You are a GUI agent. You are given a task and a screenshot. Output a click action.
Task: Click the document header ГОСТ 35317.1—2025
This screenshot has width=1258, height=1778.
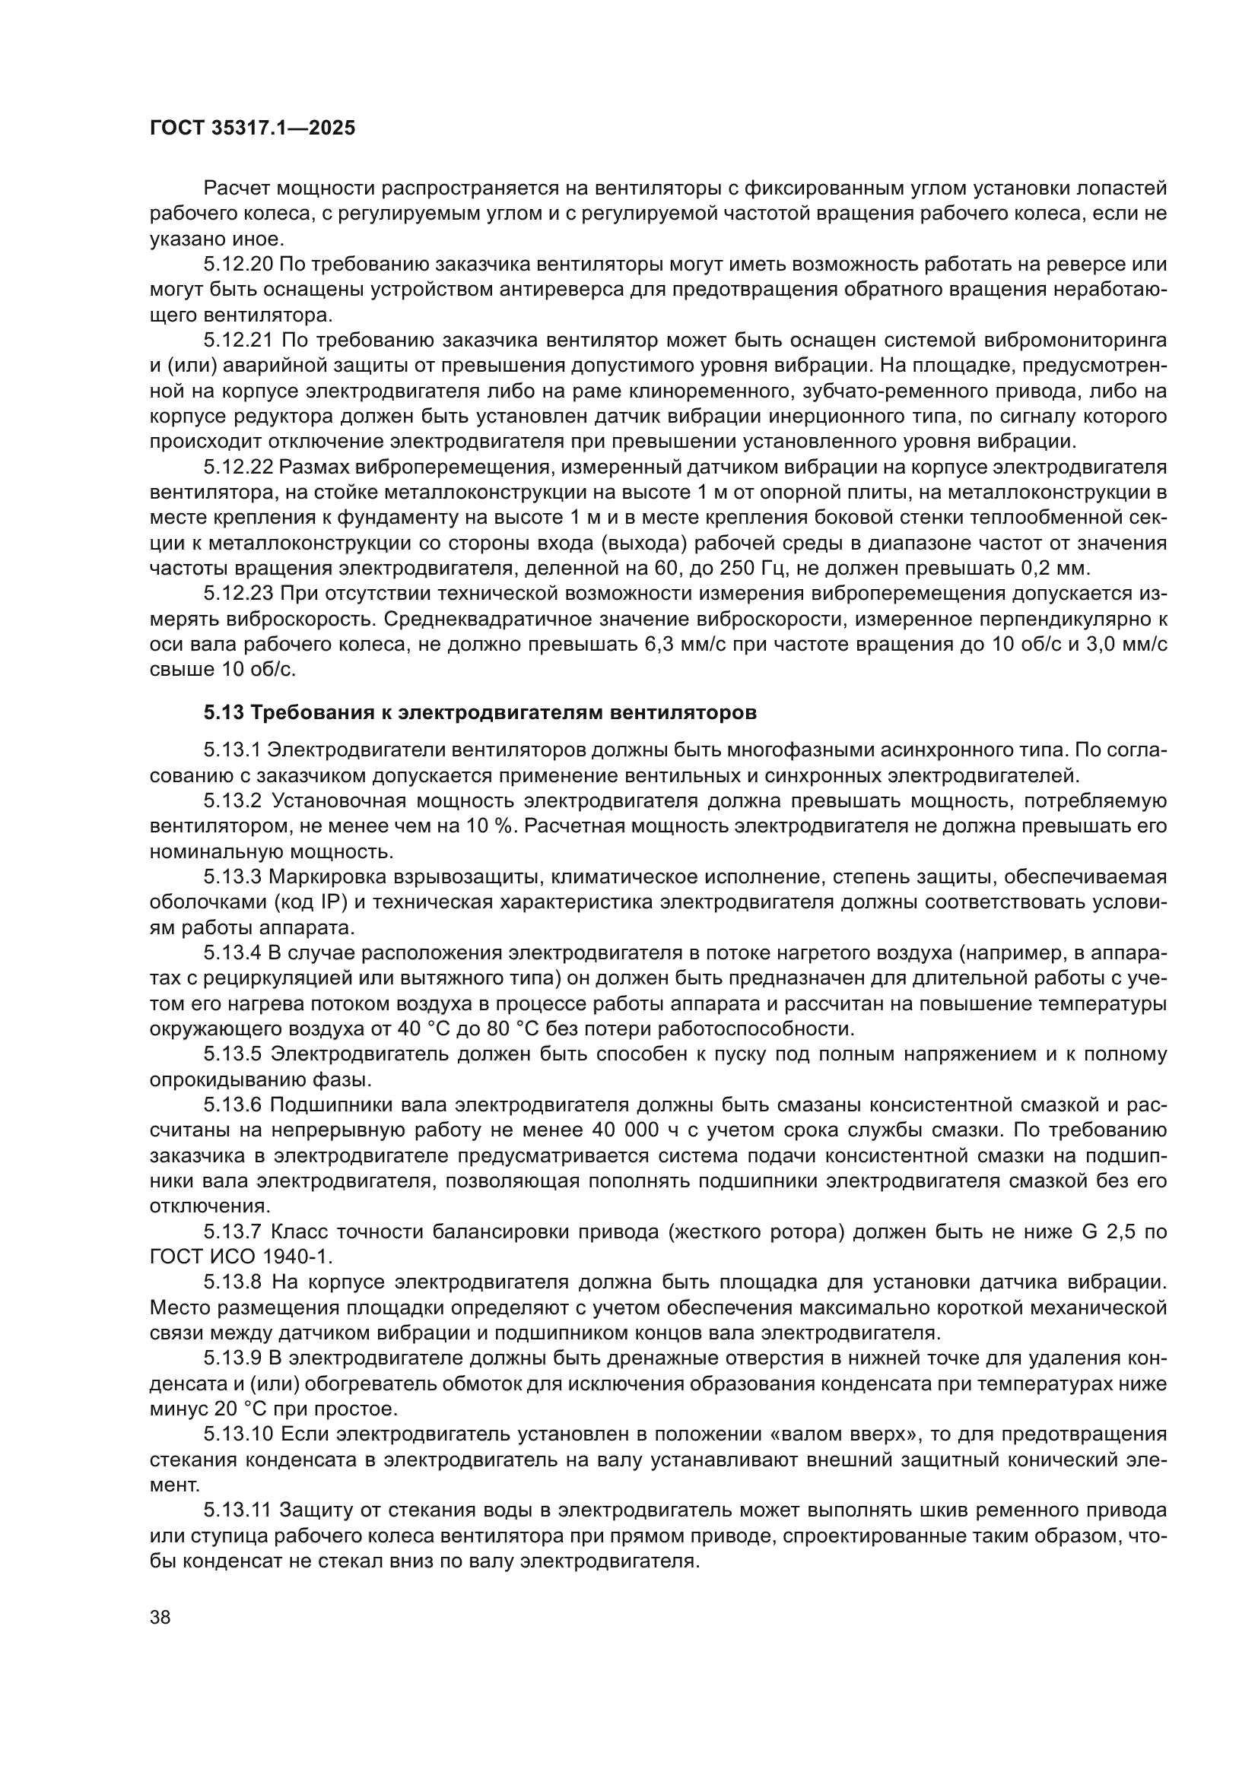pos(253,128)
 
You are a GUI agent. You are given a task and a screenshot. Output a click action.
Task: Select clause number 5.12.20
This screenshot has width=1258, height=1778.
pos(238,265)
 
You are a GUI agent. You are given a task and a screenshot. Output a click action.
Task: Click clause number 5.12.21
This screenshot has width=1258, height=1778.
pos(238,341)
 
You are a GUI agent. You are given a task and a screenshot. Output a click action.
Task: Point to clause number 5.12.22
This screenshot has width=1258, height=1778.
pos(238,467)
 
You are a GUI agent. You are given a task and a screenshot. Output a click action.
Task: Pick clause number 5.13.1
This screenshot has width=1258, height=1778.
pos(233,750)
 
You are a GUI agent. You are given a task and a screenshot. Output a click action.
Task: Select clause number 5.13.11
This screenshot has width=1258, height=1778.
pos(238,1510)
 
